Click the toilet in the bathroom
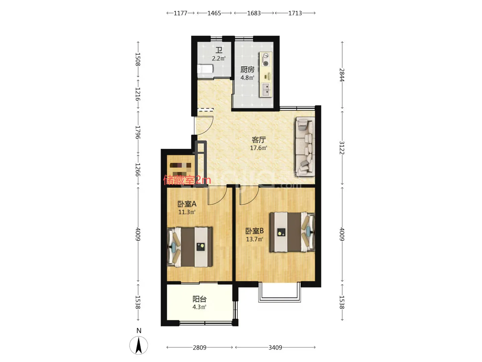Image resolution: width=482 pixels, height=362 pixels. pos(205,69)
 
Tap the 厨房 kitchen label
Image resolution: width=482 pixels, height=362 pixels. pos(247,69)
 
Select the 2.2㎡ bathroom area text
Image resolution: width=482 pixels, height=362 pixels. pos(219,58)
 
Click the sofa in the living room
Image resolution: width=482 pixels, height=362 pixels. pos(305,146)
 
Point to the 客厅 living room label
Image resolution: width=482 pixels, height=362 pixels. pos(258,139)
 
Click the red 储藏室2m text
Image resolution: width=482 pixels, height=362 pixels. pos(187,180)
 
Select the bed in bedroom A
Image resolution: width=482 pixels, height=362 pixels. pos(190,247)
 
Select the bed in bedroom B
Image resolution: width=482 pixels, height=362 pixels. pos(292,232)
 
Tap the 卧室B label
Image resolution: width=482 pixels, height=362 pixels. pos(254,231)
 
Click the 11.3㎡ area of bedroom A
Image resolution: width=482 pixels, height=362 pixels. pos(186,212)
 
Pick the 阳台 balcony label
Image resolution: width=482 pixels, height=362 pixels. pos(199,299)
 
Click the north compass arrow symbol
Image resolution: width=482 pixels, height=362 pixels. pos(139,345)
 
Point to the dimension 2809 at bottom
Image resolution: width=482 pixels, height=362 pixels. pos(199,348)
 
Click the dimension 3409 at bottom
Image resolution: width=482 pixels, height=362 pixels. pos(275,348)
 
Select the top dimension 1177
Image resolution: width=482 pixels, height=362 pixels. pos(180,13)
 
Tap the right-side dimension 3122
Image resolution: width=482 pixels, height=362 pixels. pos(342,147)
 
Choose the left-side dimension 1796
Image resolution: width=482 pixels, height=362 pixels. pos(138,132)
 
